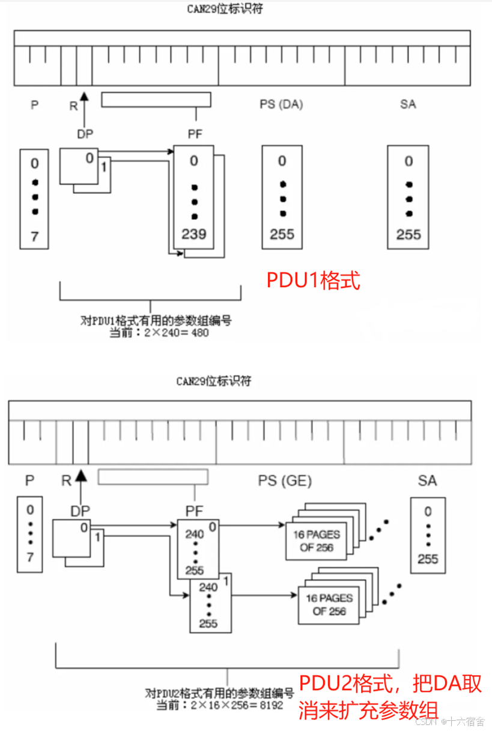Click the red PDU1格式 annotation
[x=314, y=281]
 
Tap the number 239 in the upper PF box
[x=193, y=234]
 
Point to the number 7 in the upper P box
[x=34, y=236]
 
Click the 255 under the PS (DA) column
[x=282, y=234]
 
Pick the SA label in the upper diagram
[x=408, y=104]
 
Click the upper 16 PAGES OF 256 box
[x=316, y=541]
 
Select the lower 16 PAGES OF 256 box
[x=329, y=605]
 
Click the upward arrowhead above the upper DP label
[x=84, y=94]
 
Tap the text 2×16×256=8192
[x=239, y=705]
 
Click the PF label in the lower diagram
[x=195, y=511]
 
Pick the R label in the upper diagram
[x=73, y=106]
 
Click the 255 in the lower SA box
[x=428, y=559]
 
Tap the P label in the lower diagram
[x=30, y=481]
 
